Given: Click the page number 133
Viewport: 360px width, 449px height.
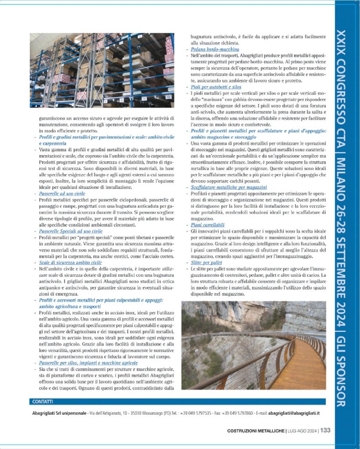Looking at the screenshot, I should (325, 430).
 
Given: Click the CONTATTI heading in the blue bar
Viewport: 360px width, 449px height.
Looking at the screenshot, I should (43, 401).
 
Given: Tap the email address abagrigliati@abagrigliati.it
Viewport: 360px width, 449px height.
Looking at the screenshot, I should (294, 413).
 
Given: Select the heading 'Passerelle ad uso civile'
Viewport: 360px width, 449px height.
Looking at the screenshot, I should (62, 193).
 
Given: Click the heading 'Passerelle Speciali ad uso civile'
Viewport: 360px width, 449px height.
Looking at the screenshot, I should (71, 231).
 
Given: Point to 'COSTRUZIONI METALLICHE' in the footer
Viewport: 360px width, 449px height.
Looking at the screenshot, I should (256, 431).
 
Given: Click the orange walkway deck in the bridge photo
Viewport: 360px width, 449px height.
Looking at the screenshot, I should (303, 368).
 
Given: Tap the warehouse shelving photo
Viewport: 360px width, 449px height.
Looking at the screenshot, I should (102, 70).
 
